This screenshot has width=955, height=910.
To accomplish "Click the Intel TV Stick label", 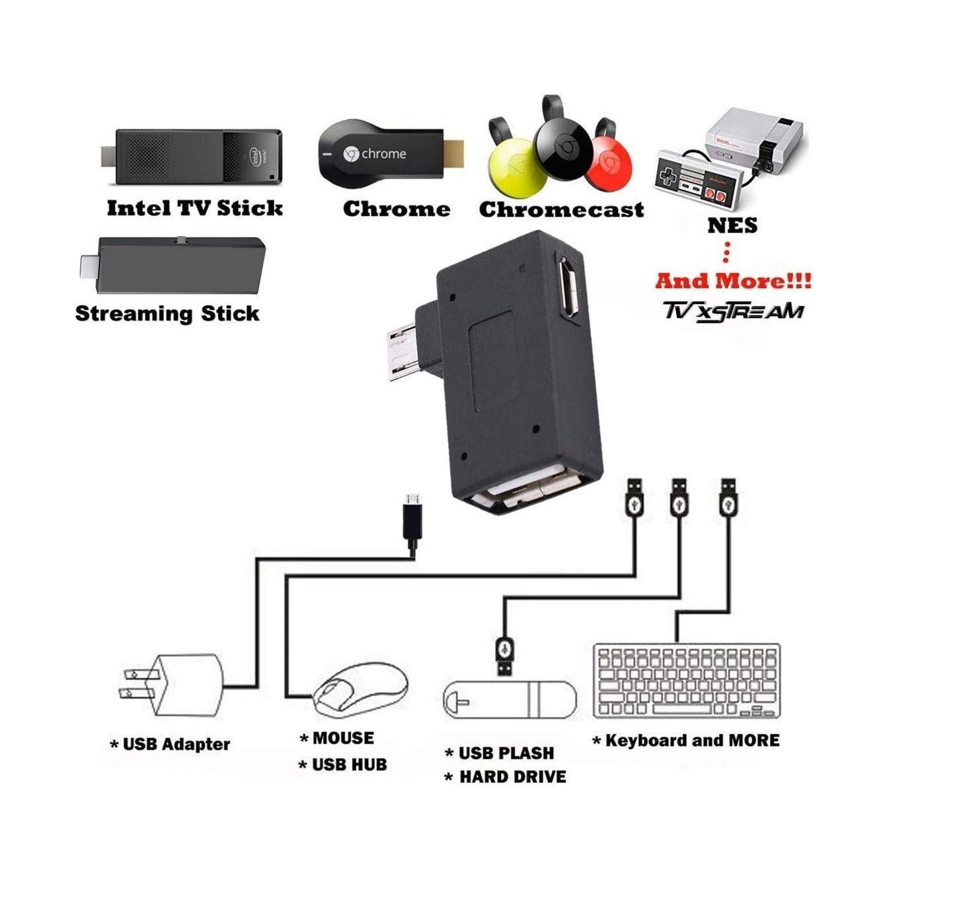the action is point(194,208).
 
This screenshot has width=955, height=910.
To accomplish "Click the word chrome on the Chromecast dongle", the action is point(384,154).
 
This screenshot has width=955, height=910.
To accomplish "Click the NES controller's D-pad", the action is point(668,175).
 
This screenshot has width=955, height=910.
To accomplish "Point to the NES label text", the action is point(732,225).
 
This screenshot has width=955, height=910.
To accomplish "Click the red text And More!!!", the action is point(733,281).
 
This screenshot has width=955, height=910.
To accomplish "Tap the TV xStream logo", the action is point(734,311).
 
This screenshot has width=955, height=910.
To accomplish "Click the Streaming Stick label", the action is point(167,313).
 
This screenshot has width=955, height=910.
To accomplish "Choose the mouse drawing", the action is point(360,689).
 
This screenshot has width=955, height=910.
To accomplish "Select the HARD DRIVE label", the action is point(513,777).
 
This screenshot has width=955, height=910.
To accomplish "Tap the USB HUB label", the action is point(349,765).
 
